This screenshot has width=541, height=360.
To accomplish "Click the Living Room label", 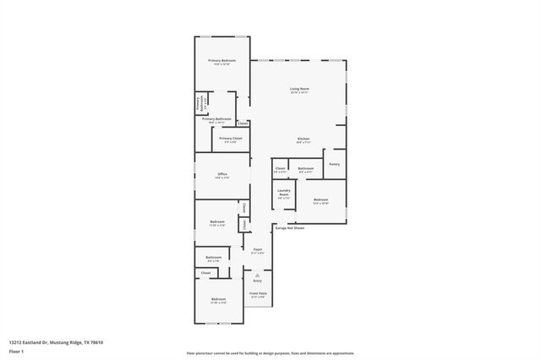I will (x=299, y=89).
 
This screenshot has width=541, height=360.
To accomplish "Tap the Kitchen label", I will (x=303, y=139).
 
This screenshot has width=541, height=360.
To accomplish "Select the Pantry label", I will (x=335, y=164).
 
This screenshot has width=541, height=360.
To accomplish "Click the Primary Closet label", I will (x=230, y=139).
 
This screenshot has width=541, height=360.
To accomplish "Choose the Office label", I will (x=221, y=174).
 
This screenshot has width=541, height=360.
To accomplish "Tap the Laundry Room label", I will (x=284, y=194).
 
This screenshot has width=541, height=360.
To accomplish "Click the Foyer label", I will (x=258, y=249).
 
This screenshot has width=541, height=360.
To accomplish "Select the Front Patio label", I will (x=258, y=293).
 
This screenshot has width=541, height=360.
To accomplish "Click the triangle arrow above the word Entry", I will (x=258, y=274).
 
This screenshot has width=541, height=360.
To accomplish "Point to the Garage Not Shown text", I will (x=288, y=228).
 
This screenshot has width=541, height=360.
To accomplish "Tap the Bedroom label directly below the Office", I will (x=217, y=221).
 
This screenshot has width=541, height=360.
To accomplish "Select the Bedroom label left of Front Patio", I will (x=218, y=299).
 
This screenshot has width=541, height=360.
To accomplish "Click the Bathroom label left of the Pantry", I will (x=306, y=168).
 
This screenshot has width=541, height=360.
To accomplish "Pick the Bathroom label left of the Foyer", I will (x=214, y=258).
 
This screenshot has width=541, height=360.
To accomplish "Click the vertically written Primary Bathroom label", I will (x=199, y=104).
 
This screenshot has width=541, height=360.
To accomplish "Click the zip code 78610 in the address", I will (x=96, y=341).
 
